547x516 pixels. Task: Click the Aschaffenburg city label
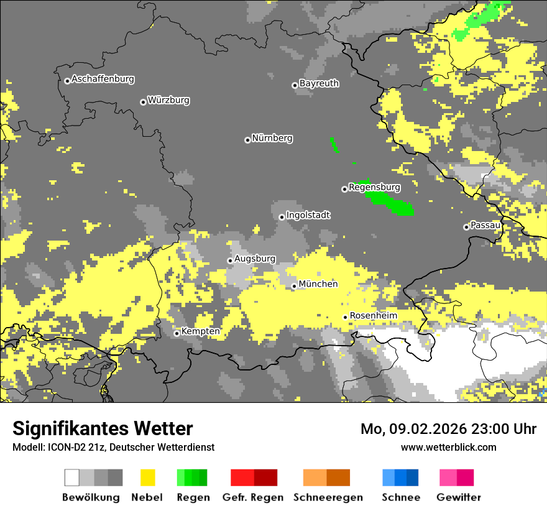pyautogui.click(x=103, y=80)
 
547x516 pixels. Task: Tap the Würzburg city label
pyautogui.click(x=168, y=101)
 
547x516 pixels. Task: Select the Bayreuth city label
pyautogui.click(x=319, y=83)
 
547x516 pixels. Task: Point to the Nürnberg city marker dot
pyautogui.click(x=247, y=140)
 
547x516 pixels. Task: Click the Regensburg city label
pyautogui.click(x=374, y=187)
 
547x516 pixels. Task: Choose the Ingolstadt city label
pyautogui.click(x=308, y=216)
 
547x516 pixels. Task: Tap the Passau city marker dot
pyautogui.click(x=466, y=227)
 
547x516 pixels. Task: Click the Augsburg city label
pyautogui.click(x=255, y=259)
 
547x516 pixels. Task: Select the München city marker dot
pyautogui.click(x=294, y=286)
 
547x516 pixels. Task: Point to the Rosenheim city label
pyautogui.click(x=373, y=316)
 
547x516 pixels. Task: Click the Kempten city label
pyautogui.click(x=201, y=331)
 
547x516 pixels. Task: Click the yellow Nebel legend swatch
pyautogui.click(x=148, y=477)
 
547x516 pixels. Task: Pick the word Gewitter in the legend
pyautogui.click(x=459, y=497)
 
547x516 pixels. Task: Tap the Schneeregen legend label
pyautogui.click(x=328, y=497)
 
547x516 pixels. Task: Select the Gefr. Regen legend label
pyautogui.click(x=253, y=497)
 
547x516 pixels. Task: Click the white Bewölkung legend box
pyautogui.click(x=72, y=477)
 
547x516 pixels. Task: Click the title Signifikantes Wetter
pyautogui.click(x=103, y=428)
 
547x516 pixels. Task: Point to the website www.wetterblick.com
pyautogui.click(x=448, y=447)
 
